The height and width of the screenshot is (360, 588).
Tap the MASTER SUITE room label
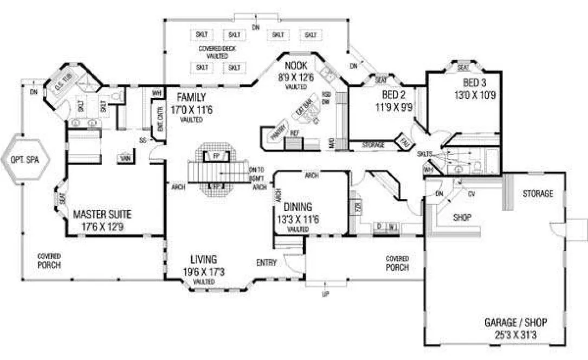[102, 214]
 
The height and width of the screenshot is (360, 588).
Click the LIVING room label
[203, 259]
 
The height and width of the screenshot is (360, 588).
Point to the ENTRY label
[267, 263]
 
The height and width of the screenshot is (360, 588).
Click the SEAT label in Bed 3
[463, 68]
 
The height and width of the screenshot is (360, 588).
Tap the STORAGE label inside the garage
[538, 194]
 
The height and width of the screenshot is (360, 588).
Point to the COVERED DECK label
[217, 49]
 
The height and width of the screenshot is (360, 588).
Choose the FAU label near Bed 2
[404, 140]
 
